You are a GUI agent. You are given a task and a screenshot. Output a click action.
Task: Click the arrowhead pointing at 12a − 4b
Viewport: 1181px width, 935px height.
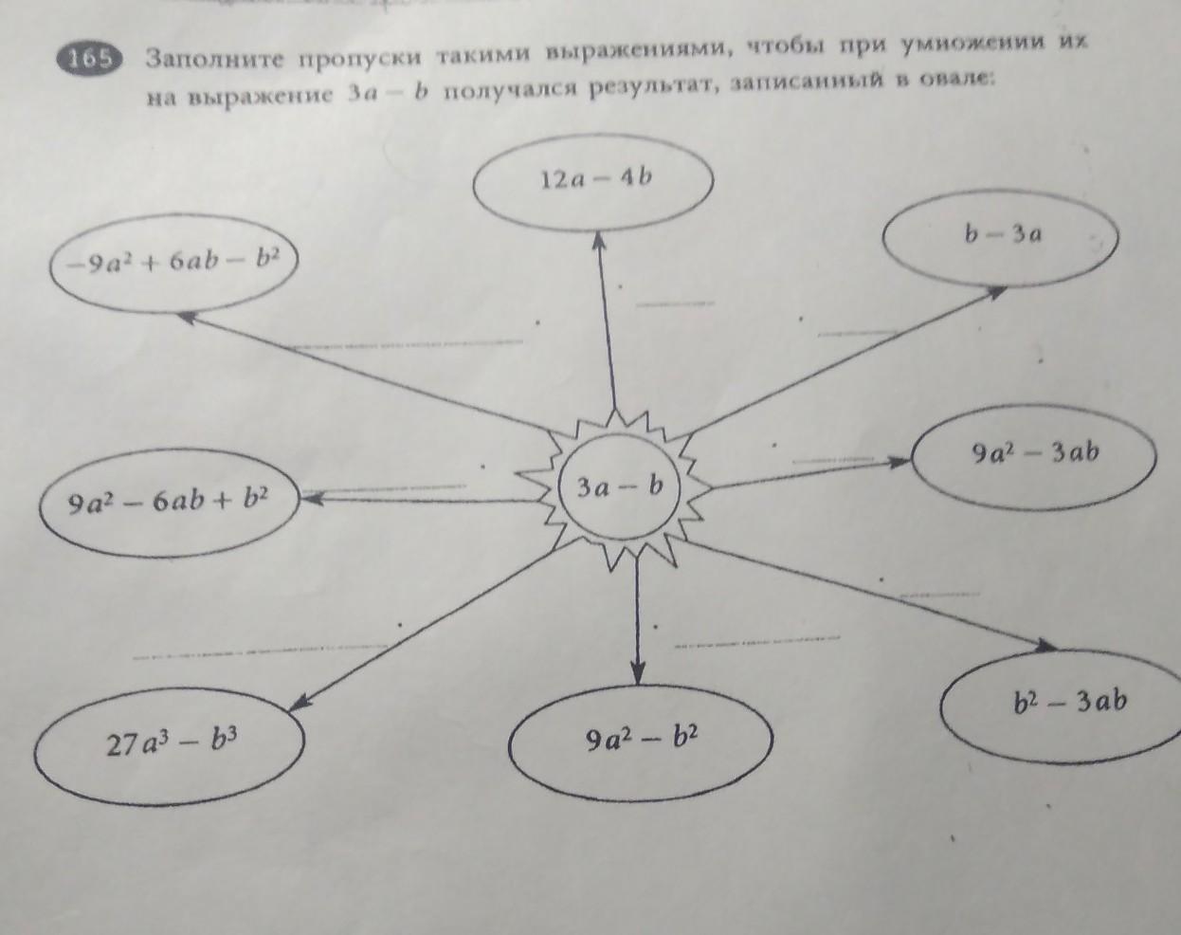[x=599, y=242]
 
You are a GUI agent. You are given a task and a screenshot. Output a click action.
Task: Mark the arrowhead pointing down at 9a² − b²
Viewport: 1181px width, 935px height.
[x=637, y=673]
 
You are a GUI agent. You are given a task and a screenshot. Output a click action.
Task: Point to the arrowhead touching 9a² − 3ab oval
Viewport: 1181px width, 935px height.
[x=900, y=462]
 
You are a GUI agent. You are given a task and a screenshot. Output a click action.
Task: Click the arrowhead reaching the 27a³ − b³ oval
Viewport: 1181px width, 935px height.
[x=300, y=704]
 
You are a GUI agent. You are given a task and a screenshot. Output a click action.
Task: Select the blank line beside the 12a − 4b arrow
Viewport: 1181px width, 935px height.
[x=676, y=303]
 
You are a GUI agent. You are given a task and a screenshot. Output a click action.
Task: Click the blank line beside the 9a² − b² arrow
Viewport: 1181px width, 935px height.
[x=756, y=642]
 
